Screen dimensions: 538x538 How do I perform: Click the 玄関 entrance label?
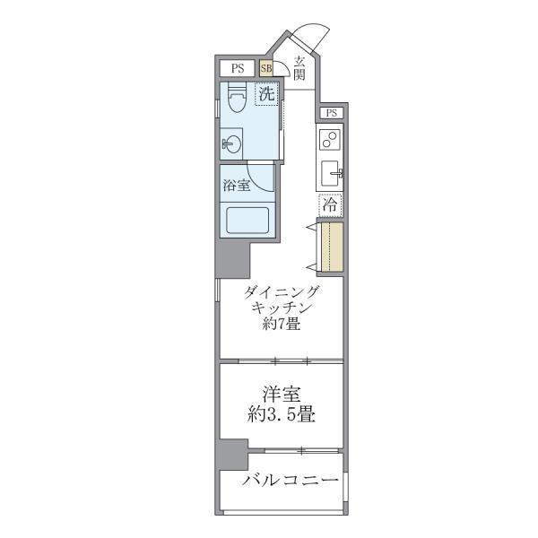tap(299, 69)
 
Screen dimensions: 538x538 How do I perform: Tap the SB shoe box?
tap(266, 68)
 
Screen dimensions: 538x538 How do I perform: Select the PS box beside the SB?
tap(238, 68)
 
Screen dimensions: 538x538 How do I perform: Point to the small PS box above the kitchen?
tap(332, 113)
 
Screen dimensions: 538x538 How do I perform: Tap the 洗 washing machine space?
tap(266, 93)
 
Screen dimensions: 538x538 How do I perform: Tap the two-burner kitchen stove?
tap(330, 140)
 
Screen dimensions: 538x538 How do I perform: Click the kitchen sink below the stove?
tap(331, 172)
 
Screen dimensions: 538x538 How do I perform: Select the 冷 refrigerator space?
tap(330, 204)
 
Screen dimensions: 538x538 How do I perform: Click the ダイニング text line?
tap(281, 291)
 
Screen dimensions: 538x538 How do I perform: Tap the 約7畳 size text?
tap(282, 325)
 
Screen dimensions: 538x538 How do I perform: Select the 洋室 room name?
tap(281, 394)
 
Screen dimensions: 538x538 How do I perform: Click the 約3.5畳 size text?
tap(281, 415)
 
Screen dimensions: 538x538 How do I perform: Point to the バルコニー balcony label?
tap(290, 482)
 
